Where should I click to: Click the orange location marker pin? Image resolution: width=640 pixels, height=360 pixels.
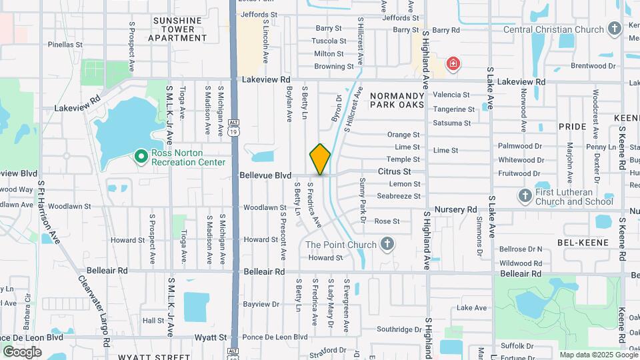point(320,159)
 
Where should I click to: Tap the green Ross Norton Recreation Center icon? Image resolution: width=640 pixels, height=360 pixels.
point(141,156)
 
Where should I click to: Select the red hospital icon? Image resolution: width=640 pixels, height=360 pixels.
point(453,64)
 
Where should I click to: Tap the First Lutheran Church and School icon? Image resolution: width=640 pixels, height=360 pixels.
point(525,197)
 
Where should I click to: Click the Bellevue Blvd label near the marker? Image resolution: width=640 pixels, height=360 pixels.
point(265,175)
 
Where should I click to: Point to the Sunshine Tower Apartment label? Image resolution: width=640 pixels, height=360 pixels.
point(177,29)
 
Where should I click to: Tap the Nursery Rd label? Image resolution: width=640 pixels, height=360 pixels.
point(456,209)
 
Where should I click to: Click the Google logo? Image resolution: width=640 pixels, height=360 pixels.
point(22,351)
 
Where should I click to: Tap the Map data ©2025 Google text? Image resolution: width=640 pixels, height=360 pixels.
point(597,355)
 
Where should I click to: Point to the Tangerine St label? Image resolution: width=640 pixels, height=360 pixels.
point(453,109)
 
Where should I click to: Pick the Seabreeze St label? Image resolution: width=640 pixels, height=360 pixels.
point(399,196)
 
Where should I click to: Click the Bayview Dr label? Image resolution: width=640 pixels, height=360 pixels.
point(261,304)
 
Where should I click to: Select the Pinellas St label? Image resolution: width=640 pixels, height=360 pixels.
point(65,45)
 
